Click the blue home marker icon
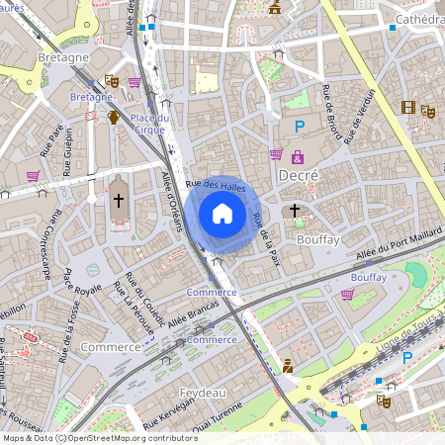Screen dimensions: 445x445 click(x=222, y=214)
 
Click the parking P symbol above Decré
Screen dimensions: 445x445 click(x=299, y=126)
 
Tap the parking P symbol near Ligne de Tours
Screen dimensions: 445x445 click(x=406, y=357)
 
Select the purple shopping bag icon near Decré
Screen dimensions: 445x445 click(x=298, y=156)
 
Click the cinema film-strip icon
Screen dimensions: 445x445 click(x=408, y=107)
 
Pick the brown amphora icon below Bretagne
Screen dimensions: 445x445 click(x=114, y=118)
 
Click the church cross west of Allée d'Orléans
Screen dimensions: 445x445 click(x=118, y=202)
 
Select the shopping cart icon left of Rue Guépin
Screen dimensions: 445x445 click(x=33, y=175)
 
